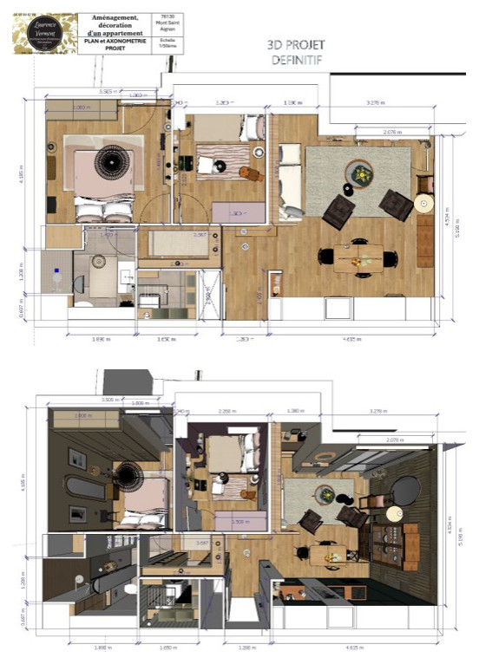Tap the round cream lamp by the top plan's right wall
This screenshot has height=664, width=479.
pos(423,204)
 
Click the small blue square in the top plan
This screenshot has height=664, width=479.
pos(56,270)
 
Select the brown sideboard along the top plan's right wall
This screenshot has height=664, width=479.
pos(424,240)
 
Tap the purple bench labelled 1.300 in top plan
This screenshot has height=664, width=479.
pos(245,213)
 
